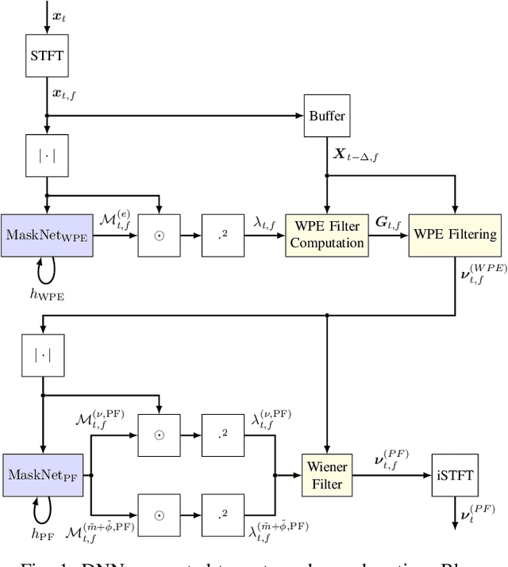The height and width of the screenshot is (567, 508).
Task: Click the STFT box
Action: (47, 56)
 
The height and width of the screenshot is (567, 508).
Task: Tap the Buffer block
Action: (326, 116)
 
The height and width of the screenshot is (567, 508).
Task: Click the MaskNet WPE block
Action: (47, 235)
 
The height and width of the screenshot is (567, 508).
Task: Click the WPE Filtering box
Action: (455, 235)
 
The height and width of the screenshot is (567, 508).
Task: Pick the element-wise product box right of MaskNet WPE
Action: (159, 235)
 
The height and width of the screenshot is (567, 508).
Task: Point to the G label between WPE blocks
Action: (388, 223)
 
